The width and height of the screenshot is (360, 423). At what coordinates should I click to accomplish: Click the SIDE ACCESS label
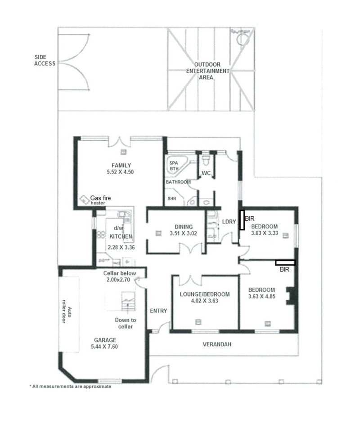click(x=45, y=60)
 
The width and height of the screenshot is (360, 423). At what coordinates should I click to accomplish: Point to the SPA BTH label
click(x=174, y=166)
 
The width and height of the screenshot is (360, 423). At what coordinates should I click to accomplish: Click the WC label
click(x=206, y=173)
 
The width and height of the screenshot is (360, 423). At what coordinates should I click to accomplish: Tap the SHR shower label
click(x=171, y=198)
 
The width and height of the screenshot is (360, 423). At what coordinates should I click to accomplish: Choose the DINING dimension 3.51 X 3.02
click(x=184, y=234)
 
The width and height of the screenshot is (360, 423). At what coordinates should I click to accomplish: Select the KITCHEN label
click(x=121, y=236)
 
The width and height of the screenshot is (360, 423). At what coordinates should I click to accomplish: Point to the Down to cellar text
click(x=126, y=323)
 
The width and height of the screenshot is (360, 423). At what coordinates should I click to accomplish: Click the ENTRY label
click(x=158, y=311)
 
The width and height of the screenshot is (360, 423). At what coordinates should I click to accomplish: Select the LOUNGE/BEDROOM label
click(x=205, y=294)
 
